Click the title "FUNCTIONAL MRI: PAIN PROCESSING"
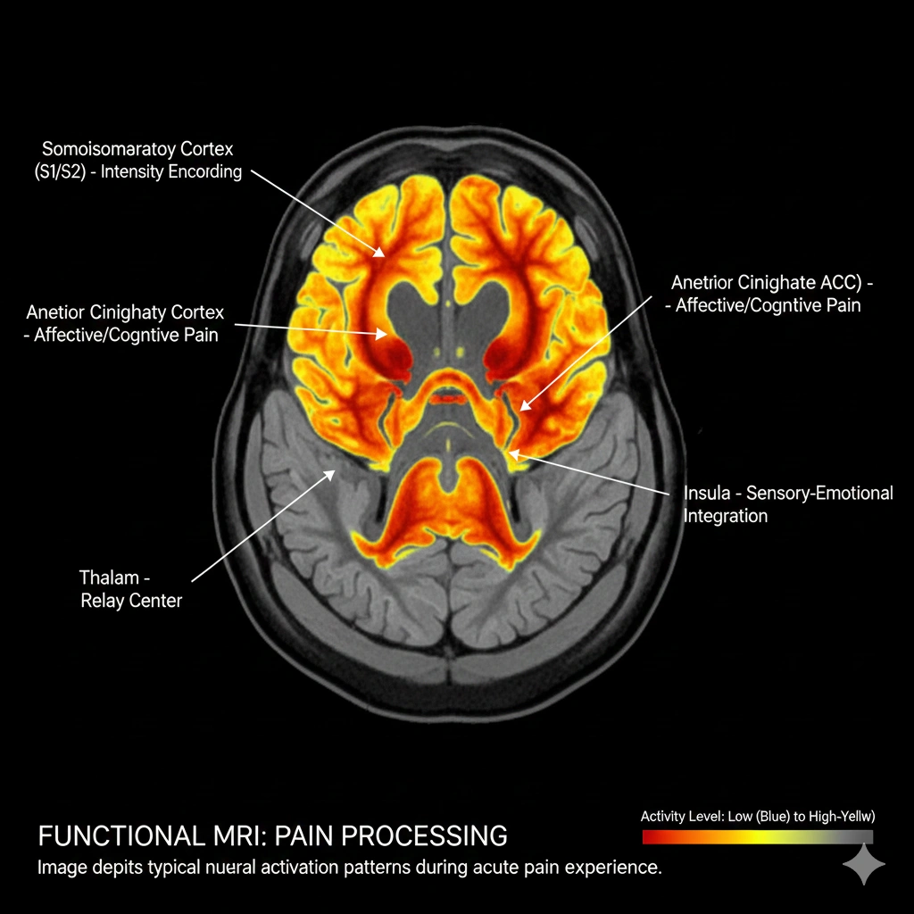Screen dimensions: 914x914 click(272, 836)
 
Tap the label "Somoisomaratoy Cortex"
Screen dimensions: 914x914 click(137, 148)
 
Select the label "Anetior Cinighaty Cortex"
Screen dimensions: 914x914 click(125, 312)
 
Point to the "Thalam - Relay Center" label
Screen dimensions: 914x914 click(130, 589)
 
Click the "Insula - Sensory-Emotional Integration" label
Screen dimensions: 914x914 click(787, 504)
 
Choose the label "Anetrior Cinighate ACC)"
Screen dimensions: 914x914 click(770, 283)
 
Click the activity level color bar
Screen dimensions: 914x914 click(757, 837)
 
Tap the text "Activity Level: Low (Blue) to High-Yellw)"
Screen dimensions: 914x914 click(757, 816)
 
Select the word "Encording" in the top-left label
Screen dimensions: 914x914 click(206, 171)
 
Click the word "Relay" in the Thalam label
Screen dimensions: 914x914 click(104, 601)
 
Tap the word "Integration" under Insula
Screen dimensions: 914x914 click(726, 516)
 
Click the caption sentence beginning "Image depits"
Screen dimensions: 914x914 click(349, 868)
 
